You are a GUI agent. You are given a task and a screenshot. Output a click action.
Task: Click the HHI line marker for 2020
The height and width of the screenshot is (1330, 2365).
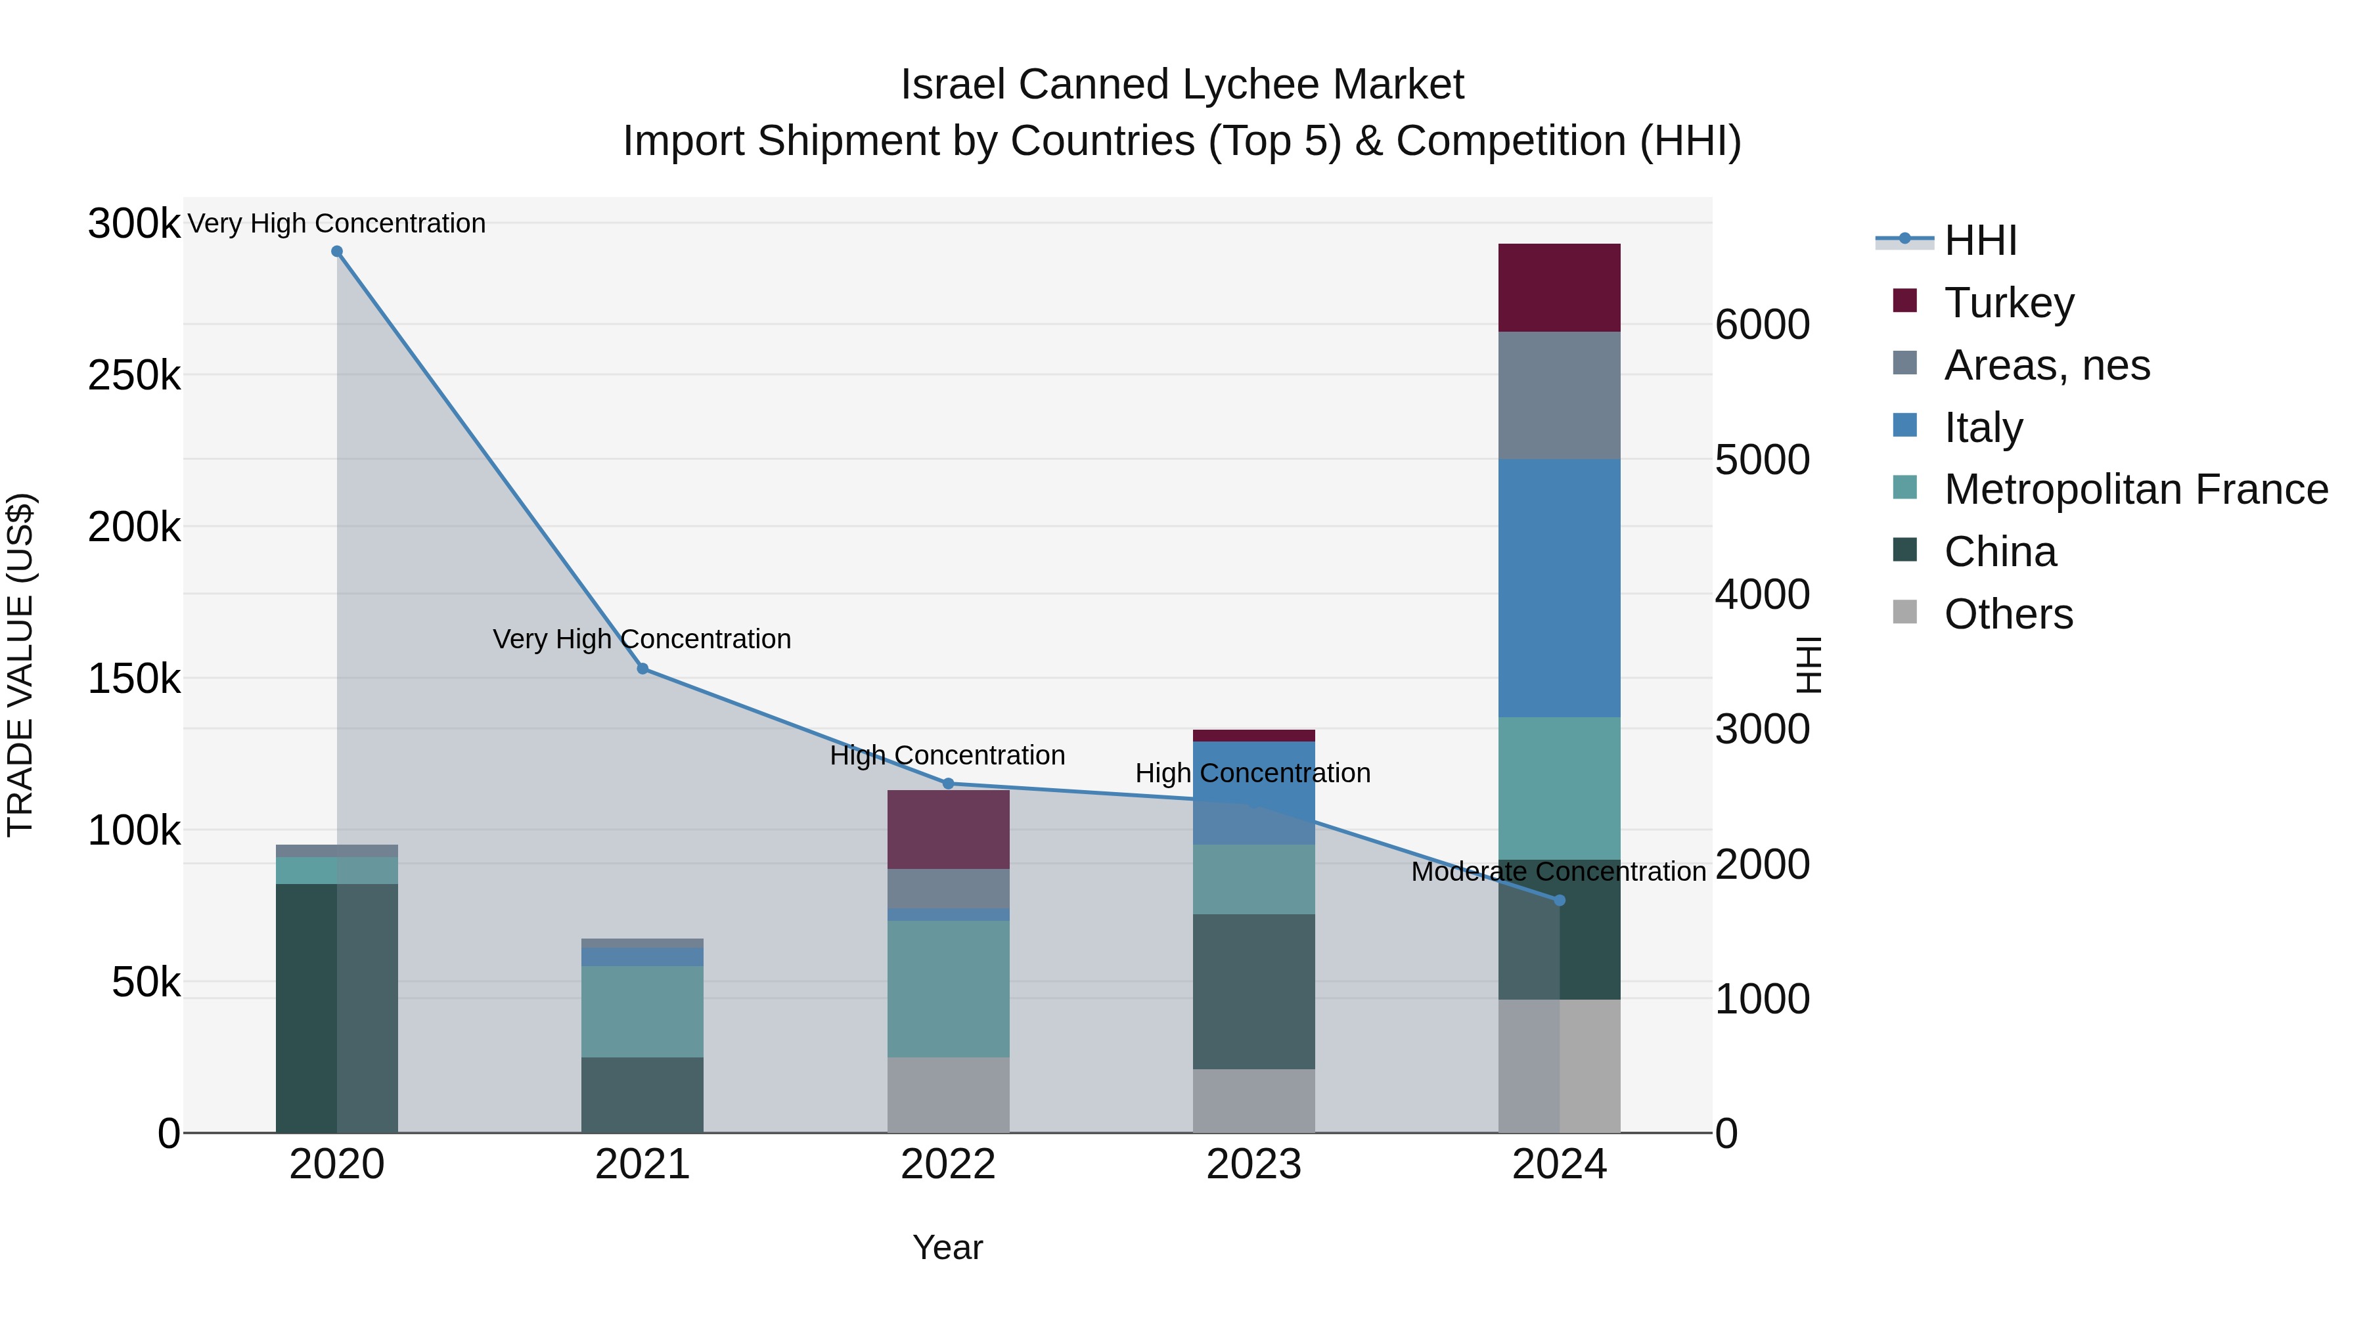[x=337, y=252]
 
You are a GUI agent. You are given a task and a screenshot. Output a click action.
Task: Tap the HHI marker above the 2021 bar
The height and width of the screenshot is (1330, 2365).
[x=642, y=669]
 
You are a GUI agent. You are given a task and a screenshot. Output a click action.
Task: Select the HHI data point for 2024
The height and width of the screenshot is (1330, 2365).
[x=1559, y=900]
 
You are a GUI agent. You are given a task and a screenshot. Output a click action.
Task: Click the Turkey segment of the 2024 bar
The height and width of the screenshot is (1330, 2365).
[x=1559, y=287]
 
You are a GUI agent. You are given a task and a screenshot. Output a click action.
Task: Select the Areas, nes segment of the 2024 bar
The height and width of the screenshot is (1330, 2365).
[x=1559, y=395]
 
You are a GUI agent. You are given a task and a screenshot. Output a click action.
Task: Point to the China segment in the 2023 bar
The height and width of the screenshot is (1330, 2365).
[x=1253, y=991]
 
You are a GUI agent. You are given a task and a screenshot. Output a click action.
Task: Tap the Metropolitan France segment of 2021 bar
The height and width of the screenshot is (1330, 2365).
[x=642, y=1011]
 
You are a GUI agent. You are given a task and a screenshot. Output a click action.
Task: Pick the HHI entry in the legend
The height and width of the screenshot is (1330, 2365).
[x=1979, y=240]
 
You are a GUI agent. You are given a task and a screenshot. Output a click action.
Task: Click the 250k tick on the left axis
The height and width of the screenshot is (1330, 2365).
[x=134, y=376]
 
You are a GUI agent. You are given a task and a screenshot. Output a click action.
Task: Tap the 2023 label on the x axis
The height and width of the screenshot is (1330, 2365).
[x=1253, y=1164]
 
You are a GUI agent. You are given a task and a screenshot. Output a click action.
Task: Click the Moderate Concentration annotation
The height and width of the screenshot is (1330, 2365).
[x=1558, y=871]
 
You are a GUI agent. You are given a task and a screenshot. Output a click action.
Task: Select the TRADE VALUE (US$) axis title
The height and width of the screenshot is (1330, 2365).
[x=21, y=665]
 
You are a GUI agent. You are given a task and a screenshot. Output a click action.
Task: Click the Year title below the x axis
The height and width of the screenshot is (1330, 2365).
[x=947, y=1247]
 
